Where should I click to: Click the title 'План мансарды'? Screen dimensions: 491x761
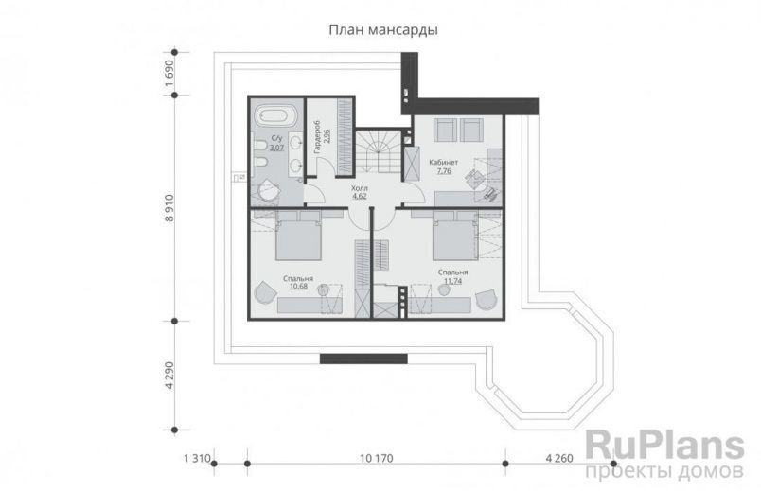pyautogui.click(x=382, y=30)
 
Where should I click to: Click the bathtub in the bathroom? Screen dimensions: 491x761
pyautogui.click(x=276, y=119)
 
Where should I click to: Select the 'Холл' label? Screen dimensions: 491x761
pyautogui.click(x=359, y=188)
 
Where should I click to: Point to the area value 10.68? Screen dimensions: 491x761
pyautogui.click(x=298, y=287)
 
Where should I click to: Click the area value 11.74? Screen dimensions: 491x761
pyautogui.click(x=454, y=280)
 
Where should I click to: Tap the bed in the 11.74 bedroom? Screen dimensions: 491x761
pyautogui.click(x=452, y=236)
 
